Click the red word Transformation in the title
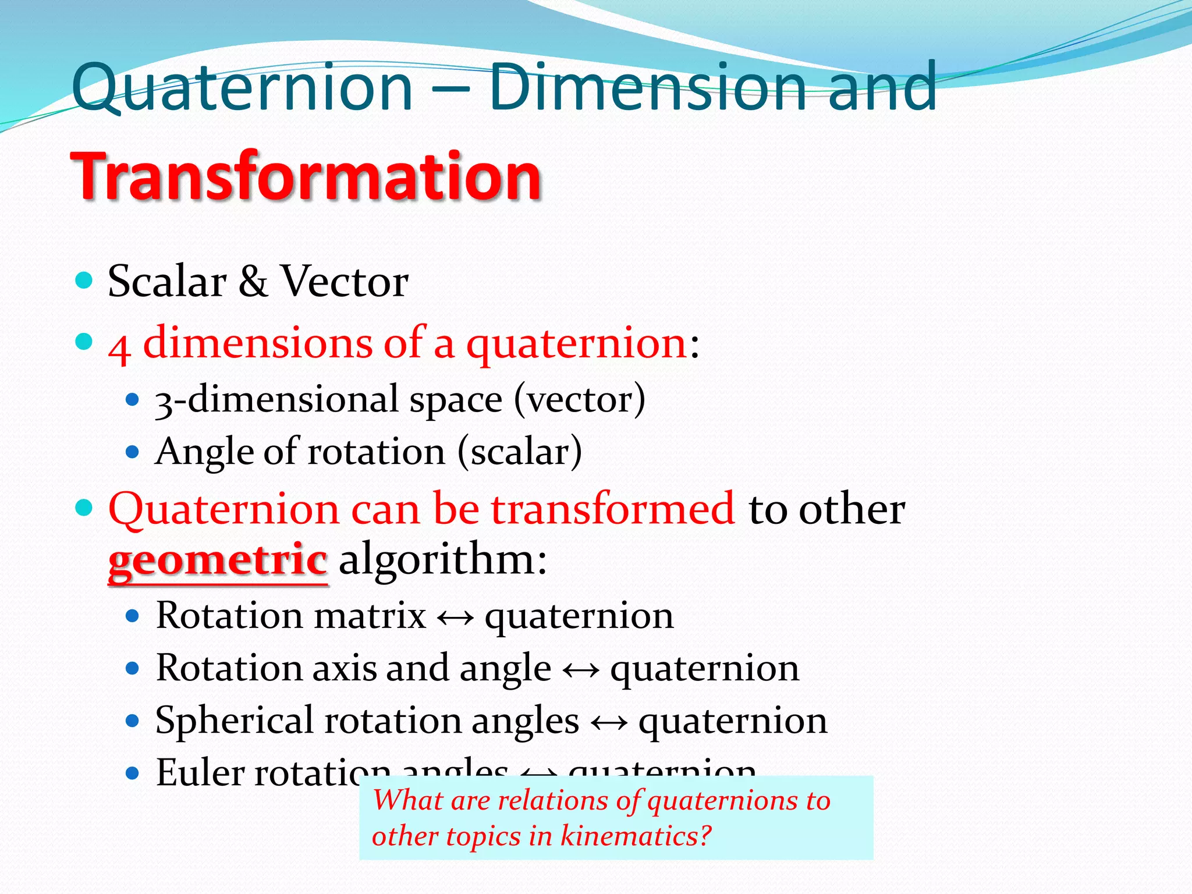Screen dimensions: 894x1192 (306, 176)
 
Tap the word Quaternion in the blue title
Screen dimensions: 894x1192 (242, 88)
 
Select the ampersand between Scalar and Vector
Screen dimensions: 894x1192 (253, 282)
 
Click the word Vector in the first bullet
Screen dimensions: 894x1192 (345, 282)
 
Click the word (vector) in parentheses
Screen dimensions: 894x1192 (580, 400)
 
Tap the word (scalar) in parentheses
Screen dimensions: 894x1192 (520, 452)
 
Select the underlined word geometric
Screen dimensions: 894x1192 (218, 559)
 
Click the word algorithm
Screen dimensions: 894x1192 (443, 559)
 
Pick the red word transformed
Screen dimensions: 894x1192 (613, 509)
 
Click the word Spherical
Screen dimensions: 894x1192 (235, 721)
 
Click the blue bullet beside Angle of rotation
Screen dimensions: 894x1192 (133, 452)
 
